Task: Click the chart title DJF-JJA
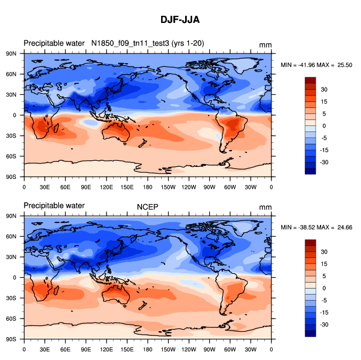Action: (x=180, y=20)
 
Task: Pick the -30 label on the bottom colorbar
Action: (x=324, y=324)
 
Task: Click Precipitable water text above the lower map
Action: (x=54, y=206)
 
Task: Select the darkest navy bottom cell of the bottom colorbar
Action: (x=310, y=333)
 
